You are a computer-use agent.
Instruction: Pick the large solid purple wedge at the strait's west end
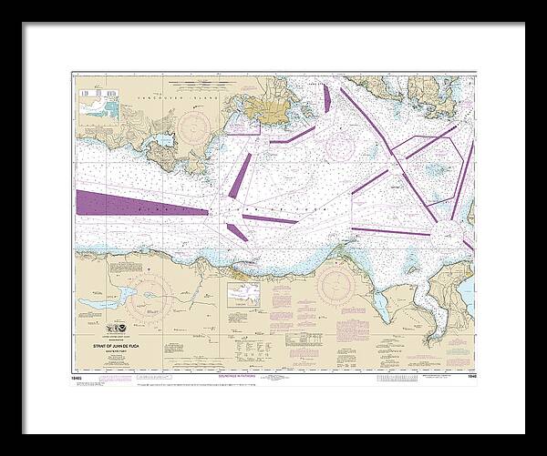128,202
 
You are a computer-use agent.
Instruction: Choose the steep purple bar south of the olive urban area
241,175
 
